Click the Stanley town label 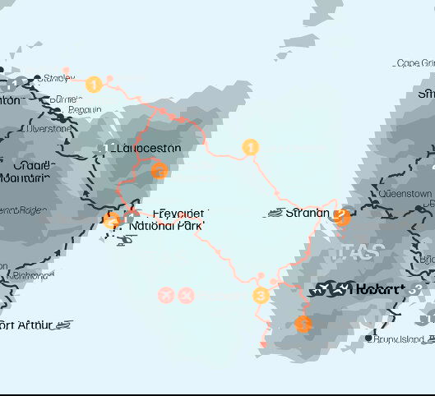pos(58,79)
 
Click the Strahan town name pos(308,214)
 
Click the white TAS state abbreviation pos(356,252)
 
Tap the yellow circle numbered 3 pos(261,296)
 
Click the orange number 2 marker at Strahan pos(342,217)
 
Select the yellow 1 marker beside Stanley pos(94,85)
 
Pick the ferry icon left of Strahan pos(275,214)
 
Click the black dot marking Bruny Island pos(368,338)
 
